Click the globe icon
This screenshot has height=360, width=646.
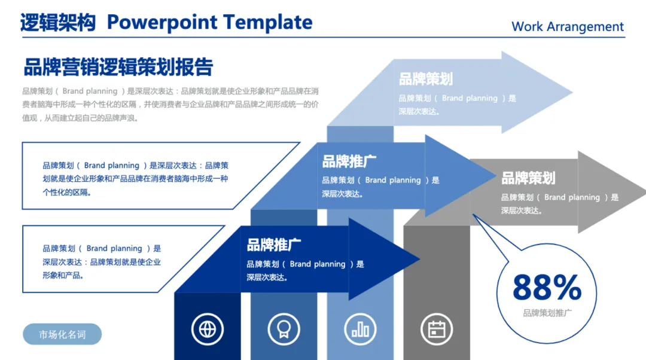tap(208, 328)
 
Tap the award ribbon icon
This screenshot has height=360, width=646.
tap(284, 328)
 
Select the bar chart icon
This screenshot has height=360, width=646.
tap(360, 328)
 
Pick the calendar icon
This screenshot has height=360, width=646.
tap(437, 328)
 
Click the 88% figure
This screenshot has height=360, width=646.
tap(547, 288)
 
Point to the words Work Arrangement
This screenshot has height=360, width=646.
tap(567, 27)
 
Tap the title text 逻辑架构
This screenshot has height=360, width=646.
tap(58, 23)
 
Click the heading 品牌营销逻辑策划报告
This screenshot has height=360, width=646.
tap(118, 67)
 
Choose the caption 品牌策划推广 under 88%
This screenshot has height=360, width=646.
tap(547, 313)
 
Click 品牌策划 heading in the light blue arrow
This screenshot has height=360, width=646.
tap(426, 79)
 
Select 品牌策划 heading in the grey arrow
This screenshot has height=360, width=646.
tap(528, 178)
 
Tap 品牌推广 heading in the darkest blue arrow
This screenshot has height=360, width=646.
tap(274, 245)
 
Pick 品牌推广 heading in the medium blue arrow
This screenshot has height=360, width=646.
tap(349, 161)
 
